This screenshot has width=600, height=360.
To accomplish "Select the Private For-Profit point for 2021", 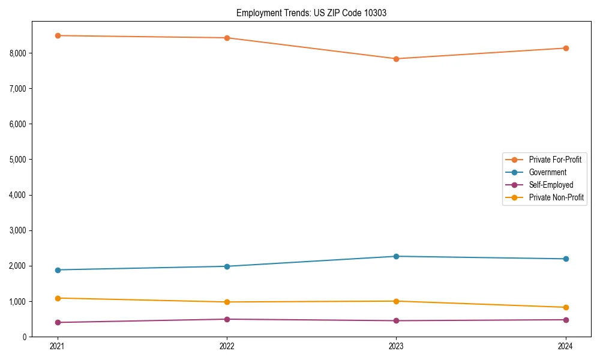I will (58, 35).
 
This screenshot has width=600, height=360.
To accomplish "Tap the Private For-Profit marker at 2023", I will (396, 59).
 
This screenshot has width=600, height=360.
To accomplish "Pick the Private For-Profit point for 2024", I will (566, 48).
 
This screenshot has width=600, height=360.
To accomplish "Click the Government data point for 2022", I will (227, 266).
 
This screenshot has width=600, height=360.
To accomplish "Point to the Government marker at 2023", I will (396, 256).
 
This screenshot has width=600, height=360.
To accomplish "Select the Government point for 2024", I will (566, 259).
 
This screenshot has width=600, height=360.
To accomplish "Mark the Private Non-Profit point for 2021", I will (58, 298).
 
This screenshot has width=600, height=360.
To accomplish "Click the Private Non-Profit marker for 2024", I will (566, 307).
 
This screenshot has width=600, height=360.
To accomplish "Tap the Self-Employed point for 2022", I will (227, 319).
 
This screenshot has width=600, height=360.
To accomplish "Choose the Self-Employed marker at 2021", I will (58, 322).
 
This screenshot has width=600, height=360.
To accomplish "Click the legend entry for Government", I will (547, 172).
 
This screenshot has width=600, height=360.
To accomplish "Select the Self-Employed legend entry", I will (551, 185).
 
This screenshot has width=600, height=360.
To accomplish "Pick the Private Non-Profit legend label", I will (556, 197).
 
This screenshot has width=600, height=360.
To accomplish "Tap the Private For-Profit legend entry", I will (555, 160).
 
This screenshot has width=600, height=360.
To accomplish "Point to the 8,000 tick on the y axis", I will (18, 53).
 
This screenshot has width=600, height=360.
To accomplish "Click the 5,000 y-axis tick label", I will (18, 160).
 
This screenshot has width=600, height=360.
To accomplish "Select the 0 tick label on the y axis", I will (24, 337).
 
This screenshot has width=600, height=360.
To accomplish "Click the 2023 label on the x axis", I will (396, 346).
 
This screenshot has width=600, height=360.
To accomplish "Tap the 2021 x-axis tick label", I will (58, 346).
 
